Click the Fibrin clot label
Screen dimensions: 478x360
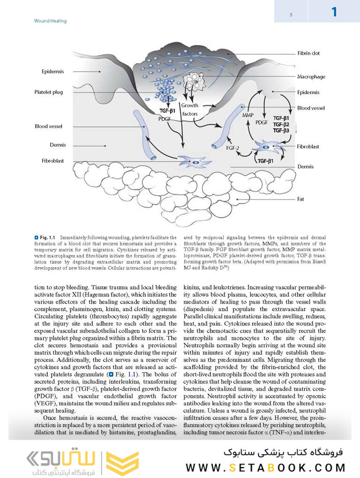point(308,53)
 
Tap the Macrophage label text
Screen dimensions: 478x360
point(311,77)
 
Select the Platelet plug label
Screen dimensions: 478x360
point(48,92)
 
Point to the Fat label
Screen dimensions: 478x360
point(300,199)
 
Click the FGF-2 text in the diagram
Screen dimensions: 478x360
point(232,148)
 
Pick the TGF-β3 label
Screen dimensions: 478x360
point(281,130)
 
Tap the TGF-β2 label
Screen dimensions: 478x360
point(281,124)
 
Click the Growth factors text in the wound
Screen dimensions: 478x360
point(189,110)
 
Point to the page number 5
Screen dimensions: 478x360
point(291,15)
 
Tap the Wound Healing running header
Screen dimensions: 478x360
point(51,21)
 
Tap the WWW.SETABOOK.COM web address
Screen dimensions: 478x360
point(265,467)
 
